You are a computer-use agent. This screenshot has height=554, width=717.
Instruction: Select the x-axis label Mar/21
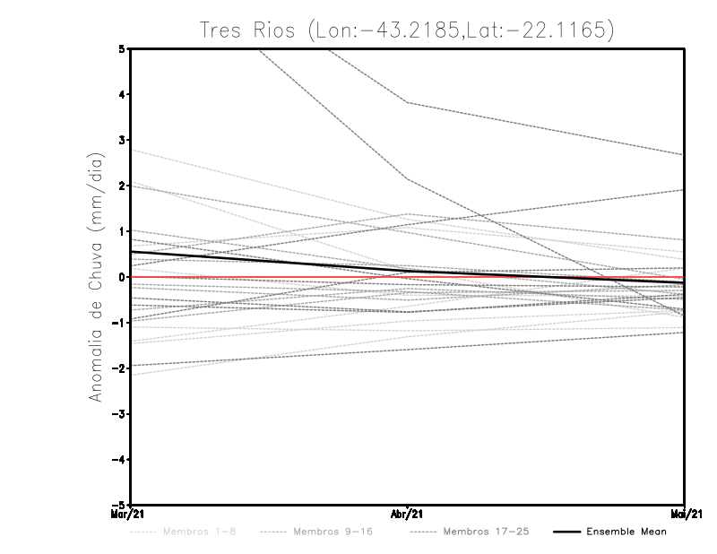tap(129, 515)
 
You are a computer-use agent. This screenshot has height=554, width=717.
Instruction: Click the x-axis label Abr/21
tap(407, 515)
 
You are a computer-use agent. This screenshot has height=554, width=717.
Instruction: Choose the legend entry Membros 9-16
tap(333, 532)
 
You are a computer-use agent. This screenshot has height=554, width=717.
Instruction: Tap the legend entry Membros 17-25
tap(486, 532)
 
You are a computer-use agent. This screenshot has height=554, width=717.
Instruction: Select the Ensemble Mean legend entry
tap(626, 532)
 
